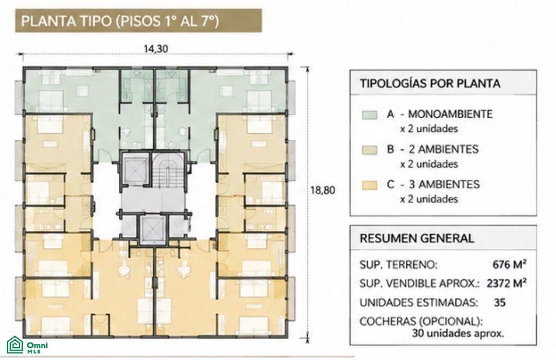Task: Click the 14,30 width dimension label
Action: point(156,48)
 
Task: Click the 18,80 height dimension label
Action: point(323,190)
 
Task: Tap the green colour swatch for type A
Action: point(369,115)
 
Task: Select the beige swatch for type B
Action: point(369,150)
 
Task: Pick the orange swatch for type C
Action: point(369,185)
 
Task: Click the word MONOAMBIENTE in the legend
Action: point(450,114)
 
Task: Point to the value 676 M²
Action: point(510,265)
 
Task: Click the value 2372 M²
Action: point(506,283)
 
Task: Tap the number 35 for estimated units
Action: point(499,303)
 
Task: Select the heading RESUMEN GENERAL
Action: point(417,239)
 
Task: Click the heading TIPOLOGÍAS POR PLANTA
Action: point(430,84)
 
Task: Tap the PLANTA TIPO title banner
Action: point(138,21)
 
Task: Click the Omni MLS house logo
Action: point(15,345)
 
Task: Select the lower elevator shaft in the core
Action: point(152,229)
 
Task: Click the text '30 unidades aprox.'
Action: point(458,334)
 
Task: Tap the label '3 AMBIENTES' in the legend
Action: point(444,185)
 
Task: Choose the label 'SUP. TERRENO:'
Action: point(399,265)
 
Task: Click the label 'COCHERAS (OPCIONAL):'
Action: point(421,321)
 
